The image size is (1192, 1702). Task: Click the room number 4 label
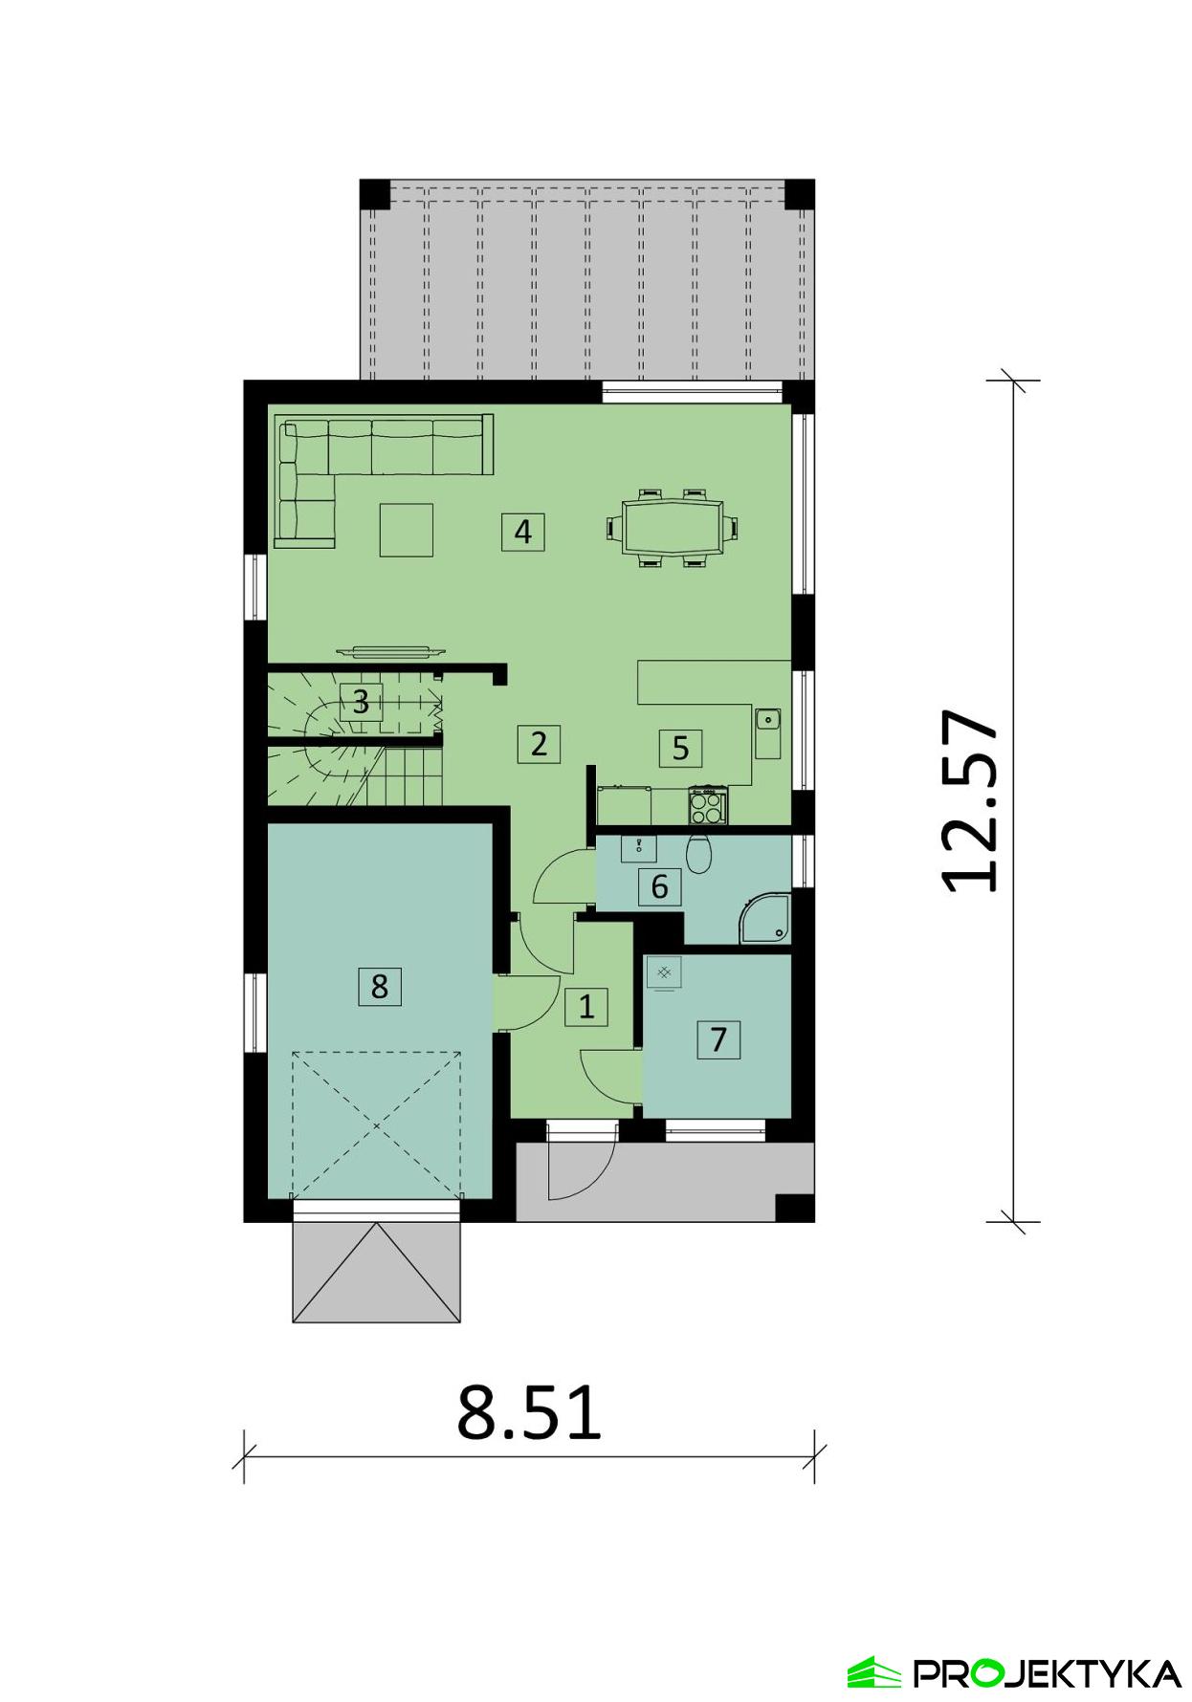pyautogui.click(x=522, y=531)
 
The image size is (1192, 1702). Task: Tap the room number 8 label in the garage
pyautogui.click(x=380, y=986)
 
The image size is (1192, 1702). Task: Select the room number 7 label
pyautogui.click(x=718, y=1038)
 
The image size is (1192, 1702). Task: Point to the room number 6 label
pyautogui.click(x=659, y=887)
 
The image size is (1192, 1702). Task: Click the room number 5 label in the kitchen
pyautogui.click(x=680, y=747)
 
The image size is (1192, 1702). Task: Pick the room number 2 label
pyautogui.click(x=539, y=743)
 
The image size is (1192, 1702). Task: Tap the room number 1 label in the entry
pyautogui.click(x=586, y=1006)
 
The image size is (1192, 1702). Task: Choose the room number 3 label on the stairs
pyautogui.click(x=361, y=703)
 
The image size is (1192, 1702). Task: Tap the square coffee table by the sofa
pyautogui.click(x=406, y=530)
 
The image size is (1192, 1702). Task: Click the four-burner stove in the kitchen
pyautogui.click(x=708, y=806)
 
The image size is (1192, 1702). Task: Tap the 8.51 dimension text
pyautogui.click(x=529, y=1413)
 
